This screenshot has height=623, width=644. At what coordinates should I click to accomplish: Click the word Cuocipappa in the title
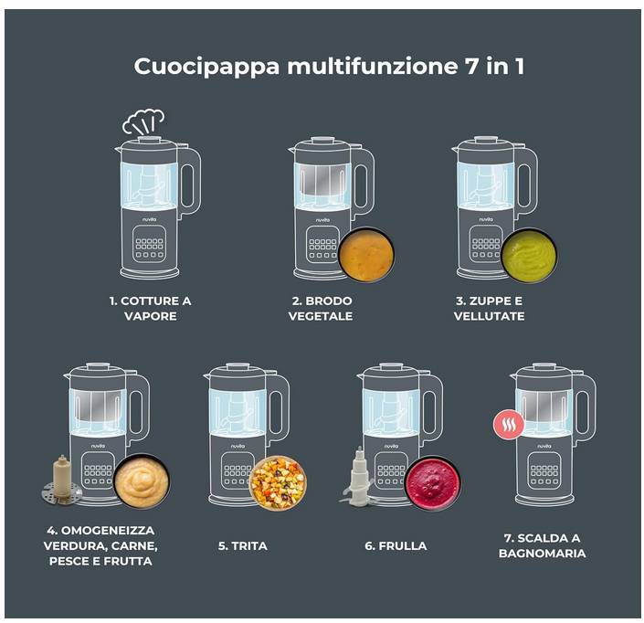coord(206,67)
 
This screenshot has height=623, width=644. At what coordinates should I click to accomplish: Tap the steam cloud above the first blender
coord(143,121)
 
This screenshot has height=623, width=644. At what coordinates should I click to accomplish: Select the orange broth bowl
coord(367,254)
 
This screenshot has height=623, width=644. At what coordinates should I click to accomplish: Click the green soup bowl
coord(530,256)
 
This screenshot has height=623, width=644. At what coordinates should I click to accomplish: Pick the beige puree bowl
coord(141,481)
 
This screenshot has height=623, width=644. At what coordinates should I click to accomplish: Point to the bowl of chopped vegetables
coord(278,483)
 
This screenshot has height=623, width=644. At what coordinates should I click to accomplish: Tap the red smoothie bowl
coord(432,483)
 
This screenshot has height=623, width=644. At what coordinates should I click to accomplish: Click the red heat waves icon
coord(509,425)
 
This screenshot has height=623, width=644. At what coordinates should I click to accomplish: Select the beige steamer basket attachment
coord(61,480)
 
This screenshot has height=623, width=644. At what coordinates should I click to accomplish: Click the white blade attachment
coord(358,477)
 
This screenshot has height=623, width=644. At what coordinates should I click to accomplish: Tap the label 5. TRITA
coord(243,545)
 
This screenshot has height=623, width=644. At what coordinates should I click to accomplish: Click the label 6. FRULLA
coord(396,545)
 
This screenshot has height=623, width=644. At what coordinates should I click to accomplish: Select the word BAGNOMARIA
coord(542,554)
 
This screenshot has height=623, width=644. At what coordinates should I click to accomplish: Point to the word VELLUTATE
coord(489,316)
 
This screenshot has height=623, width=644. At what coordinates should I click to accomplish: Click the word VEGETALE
coord(321,316)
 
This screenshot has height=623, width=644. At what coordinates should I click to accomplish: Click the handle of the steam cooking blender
coord(191,181)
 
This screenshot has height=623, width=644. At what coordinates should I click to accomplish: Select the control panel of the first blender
coord(149,245)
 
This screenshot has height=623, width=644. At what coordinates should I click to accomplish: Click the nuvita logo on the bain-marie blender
coord(544,446)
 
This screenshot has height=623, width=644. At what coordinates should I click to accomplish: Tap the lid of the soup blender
coord(486,145)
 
